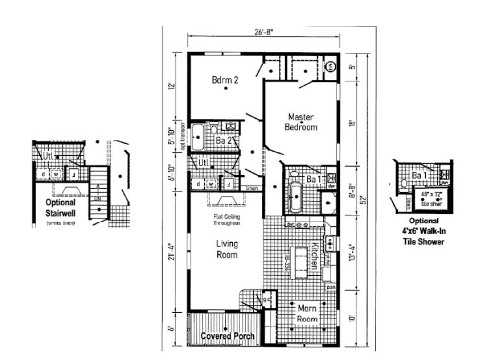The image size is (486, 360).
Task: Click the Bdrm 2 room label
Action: pos(225,80)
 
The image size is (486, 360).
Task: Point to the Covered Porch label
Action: pos(227,336)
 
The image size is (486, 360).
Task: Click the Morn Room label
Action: pos(307,314)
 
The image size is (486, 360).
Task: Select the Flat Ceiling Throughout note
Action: pos(227,220)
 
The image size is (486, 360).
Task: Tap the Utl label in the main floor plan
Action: pos(204,163)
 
